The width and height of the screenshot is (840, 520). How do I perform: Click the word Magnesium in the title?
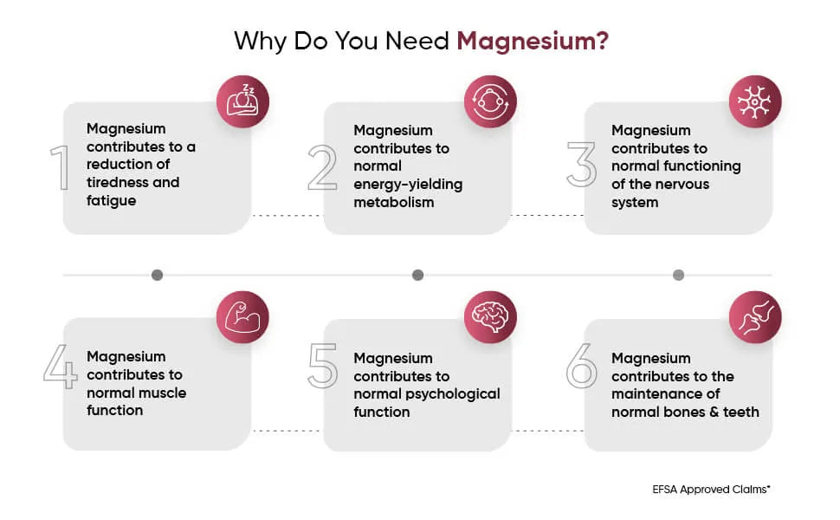(x=532, y=41)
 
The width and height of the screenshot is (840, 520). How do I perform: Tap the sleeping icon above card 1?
(x=242, y=101)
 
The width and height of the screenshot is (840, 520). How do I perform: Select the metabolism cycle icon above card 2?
(x=490, y=101)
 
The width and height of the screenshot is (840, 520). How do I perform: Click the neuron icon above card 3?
(x=754, y=101)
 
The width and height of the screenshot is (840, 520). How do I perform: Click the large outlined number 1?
(x=60, y=168)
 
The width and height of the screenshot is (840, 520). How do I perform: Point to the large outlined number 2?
(x=322, y=168)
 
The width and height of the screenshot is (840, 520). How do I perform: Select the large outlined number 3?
(x=582, y=165)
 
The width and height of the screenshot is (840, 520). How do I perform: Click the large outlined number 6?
(x=582, y=367)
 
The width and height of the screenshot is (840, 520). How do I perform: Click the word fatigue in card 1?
(x=112, y=200)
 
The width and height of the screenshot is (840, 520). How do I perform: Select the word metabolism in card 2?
(x=393, y=202)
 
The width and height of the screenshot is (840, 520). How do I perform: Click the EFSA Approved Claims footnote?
(x=711, y=489)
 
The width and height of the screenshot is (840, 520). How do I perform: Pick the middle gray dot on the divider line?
(x=417, y=275)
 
